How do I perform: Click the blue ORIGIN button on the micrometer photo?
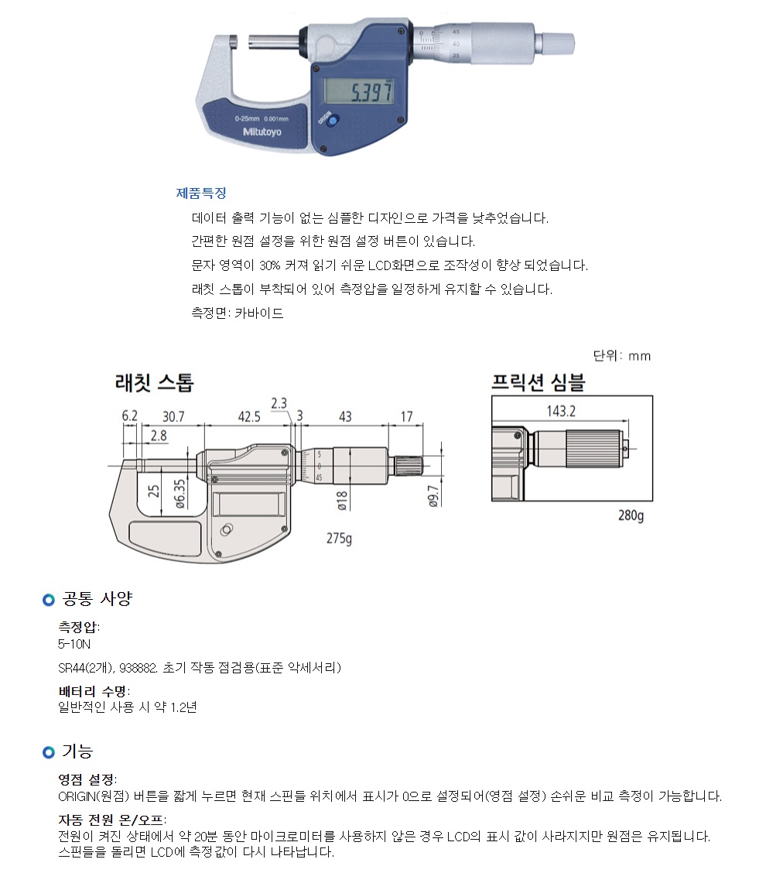(332, 121)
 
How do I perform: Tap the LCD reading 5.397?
(372, 91)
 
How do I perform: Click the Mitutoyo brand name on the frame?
(262, 132)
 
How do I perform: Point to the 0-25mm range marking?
(247, 118)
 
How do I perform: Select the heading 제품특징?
(201, 193)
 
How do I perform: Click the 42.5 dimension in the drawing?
(249, 416)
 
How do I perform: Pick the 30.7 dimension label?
(173, 416)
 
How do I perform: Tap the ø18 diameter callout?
(342, 501)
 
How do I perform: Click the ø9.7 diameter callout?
(433, 497)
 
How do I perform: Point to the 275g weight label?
(339, 539)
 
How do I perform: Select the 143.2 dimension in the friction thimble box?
(561, 411)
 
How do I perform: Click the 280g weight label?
(631, 515)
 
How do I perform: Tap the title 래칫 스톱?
(154, 382)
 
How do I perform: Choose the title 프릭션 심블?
(538, 382)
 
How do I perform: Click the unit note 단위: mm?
(622, 356)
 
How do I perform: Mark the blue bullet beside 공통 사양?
(49, 600)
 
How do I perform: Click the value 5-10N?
(74, 644)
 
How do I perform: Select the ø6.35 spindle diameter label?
(180, 494)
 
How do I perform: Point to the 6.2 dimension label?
(129, 416)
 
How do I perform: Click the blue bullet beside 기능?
(49, 752)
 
